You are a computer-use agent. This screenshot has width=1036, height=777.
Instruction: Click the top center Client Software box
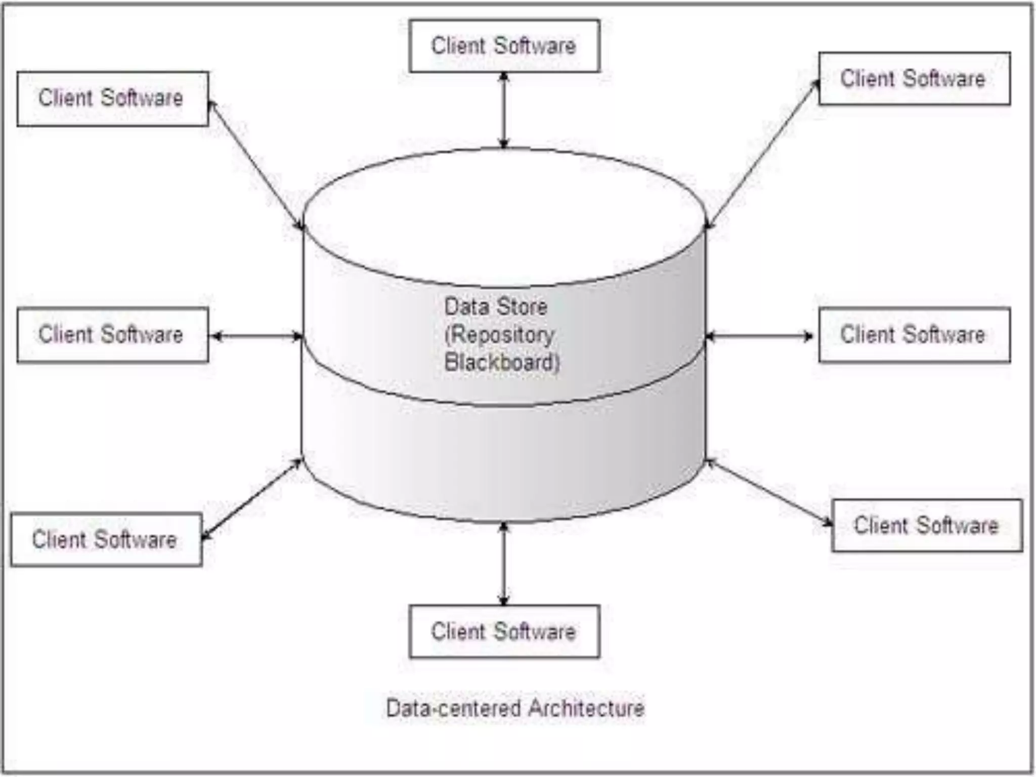[504, 46]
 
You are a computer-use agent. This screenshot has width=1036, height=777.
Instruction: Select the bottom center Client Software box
[504, 631]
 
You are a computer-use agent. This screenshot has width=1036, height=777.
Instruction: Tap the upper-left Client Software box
[112, 99]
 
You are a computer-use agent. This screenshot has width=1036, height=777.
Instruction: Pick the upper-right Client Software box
[914, 79]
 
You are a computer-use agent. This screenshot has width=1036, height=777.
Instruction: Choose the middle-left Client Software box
[112, 335]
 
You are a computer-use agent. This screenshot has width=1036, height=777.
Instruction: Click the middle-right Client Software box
[914, 335]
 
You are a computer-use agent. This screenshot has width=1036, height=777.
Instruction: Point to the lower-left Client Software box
[106, 540]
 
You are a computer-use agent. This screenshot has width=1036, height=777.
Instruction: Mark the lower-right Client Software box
[927, 526]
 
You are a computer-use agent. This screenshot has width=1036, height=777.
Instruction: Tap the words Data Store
[496, 307]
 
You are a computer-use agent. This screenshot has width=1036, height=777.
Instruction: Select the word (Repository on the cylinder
[499, 335]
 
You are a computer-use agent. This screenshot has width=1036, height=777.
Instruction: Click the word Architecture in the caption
[586, 708]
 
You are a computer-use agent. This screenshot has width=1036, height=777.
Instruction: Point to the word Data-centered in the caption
[453, 708]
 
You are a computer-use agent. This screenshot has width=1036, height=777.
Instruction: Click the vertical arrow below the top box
[503, 110]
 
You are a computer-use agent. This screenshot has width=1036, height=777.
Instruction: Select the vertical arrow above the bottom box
[503, 564]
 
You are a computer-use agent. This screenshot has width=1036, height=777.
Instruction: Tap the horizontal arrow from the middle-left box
[256, 336]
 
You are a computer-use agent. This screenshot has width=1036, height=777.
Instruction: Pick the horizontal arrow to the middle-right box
[759, 336]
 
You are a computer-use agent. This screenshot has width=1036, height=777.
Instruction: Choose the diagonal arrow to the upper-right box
[762, 154]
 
